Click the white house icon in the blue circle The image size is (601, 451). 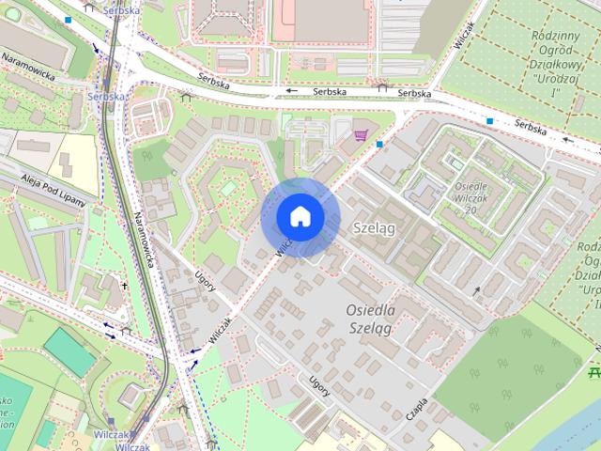point(300,216)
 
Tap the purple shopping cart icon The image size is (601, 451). point(361,135)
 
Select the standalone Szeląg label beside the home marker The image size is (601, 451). point(375,228)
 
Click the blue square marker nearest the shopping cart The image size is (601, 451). point(379,144)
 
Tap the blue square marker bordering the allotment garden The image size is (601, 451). point(489,121)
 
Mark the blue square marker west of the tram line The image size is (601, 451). point(68,19)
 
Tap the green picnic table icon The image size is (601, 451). point(593,374)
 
